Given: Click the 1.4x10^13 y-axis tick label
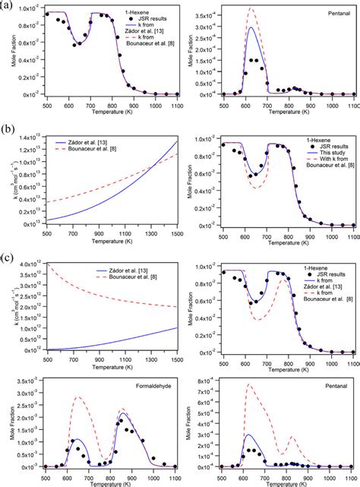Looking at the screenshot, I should [20, 138].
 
